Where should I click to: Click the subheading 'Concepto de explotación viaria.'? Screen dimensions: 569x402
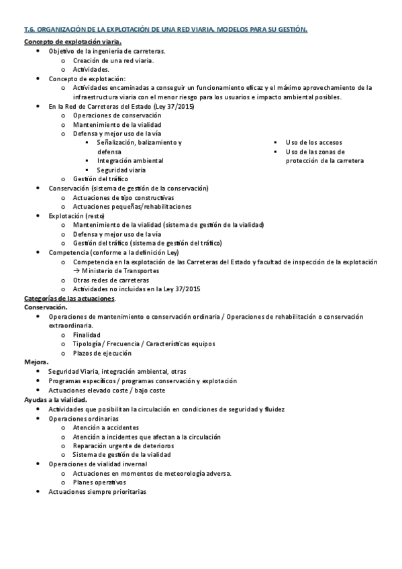pyautogui.click(x=72, y=42)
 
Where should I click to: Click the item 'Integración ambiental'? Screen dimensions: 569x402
pyautogui.click(x=130, y=161)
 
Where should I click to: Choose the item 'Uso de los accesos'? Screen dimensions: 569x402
pyautogui.click(x=313, y=143)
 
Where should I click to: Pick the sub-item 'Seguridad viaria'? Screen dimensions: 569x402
pyautogui.click(x=121, y=170)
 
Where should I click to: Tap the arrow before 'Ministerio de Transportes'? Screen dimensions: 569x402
pyautogui.click(x=77, y=270)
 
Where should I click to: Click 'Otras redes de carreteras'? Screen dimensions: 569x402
pyautogui.click(x=111, y=280)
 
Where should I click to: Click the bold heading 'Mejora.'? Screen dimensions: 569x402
pyautogui.click(x=36, y=362)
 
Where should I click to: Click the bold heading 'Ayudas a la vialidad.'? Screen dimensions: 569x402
pyautogui.click(x=56, y=399)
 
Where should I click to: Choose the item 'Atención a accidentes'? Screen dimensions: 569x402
pyautogui.click(x=105, y=427)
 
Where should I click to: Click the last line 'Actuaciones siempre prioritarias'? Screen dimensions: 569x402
pyautogui.click(x=97, y=491)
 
